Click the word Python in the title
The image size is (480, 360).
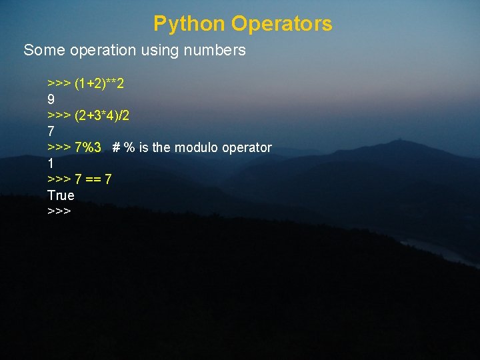189,24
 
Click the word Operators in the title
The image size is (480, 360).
282,24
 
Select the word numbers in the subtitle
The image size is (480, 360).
217,50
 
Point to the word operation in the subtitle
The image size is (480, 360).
99,50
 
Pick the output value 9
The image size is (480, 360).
51,99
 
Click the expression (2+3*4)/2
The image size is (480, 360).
102,115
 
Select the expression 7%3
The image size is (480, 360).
88,147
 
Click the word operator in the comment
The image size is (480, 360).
248,147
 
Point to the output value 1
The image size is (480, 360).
51,163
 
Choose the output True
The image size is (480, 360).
61,195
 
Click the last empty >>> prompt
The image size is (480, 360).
59,211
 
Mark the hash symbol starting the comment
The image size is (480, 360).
116,147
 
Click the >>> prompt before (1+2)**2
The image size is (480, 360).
59,83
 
